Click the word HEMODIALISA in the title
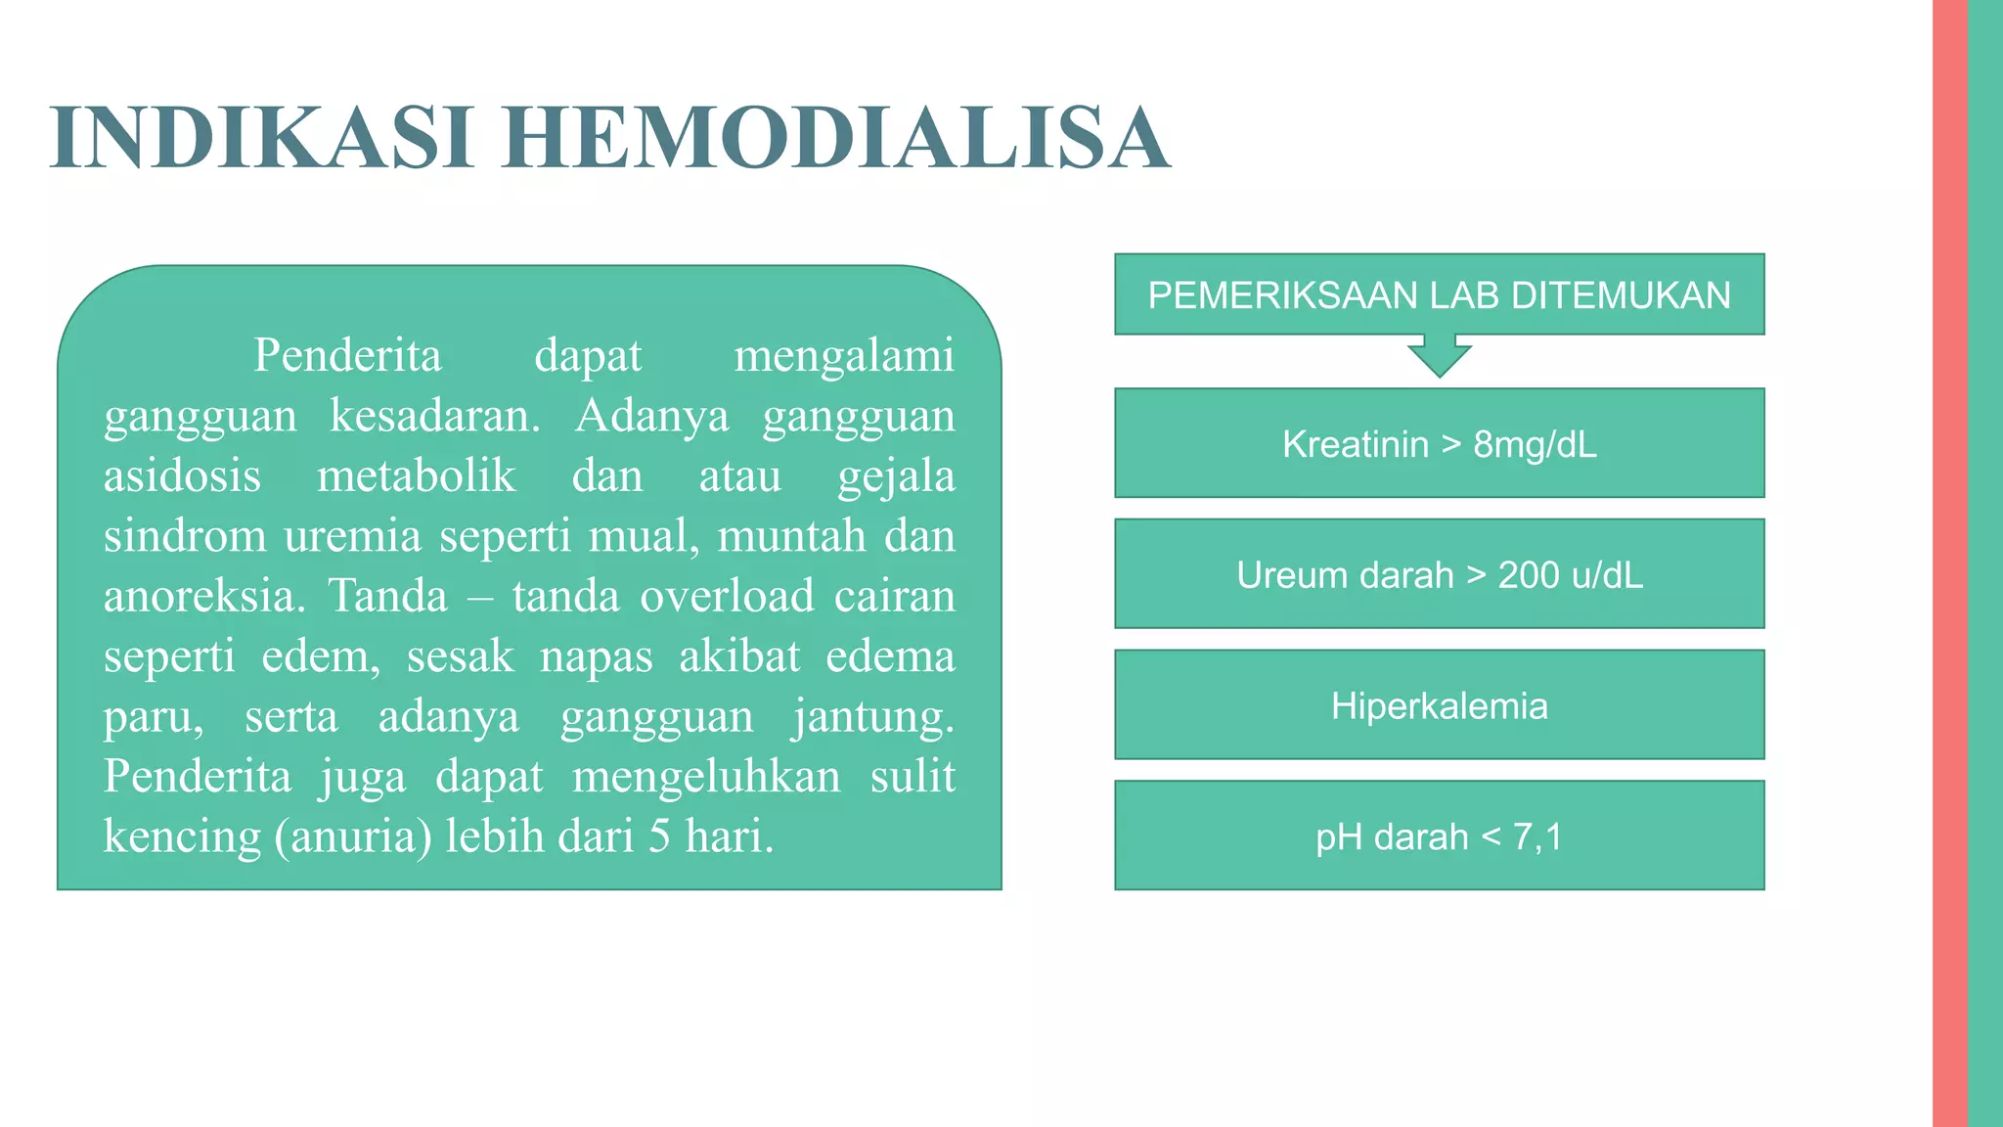pyautogui.click(x=835, y=138)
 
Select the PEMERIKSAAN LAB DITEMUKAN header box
pyautogui.click(x=1439, y=294)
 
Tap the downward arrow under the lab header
pyautogui.click(x=1439, y=357)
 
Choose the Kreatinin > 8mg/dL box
pyautogui.click(x=1439, y=443)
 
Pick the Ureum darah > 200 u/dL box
pyautogui.click(x=1439, y=574)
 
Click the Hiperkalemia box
pyautogui.click(x=1439, y=705)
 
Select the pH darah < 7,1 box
pyautogui.click(x=1439, y=836)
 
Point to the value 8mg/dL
pyautogui.click(x=1535, y=444)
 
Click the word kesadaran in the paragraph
pyautogui.click(x=434, y=416)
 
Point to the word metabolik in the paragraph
pyautogui.click(x=416, y=476)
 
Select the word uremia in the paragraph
pyautogui.click(x=352, y=536)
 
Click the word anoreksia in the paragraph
pyautogui.click(x=203, y=597)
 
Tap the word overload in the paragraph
pyautogui.click(x=727, y=596)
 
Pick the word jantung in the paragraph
pyautogui.click(x=872, y=717)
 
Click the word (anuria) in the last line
pyautogui.click(x=353, y=837)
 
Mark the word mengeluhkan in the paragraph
pyautogui.click(x=706, y=777)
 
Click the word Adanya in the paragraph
pyautogui.click(x=651, y=416)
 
